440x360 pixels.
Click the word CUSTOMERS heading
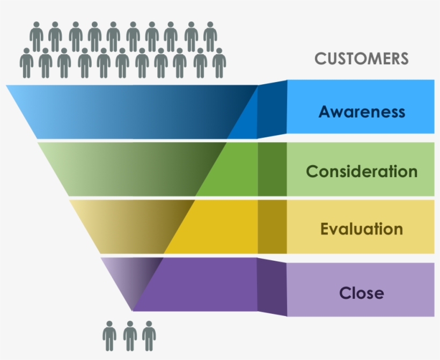(x=361, y=58)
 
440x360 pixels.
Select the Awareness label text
(x=361, y=112)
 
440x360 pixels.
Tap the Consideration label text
(x=361, y=171)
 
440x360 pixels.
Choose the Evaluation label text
(x=361, y=229)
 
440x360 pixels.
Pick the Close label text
(x=361, y=293)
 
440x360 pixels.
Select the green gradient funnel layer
(x=134, y=168)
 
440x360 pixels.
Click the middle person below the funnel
(x=129, y=336)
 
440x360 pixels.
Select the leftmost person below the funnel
(x=109, y=336)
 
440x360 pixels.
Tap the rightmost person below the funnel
(x=149, y=336)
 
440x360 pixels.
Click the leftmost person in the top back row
(x=36, y=36)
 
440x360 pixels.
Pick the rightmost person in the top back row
(x=210, y=36)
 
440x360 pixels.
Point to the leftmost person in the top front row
(x=26, y=63)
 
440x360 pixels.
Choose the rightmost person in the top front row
(x=219, y=63)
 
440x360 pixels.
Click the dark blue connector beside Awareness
(x=272, y=110)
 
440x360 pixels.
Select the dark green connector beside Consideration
(x=272, y=169)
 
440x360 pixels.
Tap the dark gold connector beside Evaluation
(x=272, y=226)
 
